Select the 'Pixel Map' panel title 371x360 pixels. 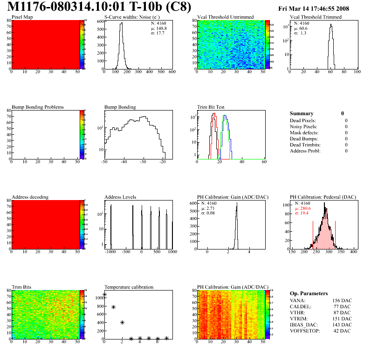(x=22, y=17)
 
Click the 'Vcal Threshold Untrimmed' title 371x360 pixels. (x=226, y=17)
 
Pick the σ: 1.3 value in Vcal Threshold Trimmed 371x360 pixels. (x=300, y=33)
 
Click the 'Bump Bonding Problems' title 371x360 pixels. (x=37, y=107)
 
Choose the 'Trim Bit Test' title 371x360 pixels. (x=211, y=107)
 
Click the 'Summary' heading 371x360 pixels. (x=302, y=113)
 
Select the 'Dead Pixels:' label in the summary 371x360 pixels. (x=304, y=120)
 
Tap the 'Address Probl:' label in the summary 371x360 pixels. (x=305, y=151)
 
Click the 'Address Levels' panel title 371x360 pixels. (x=120, y=197)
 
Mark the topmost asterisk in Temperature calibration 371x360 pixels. (x=105, y=295)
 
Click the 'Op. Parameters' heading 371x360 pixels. (x=309, y=293)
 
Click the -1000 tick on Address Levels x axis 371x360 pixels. (x=110, y=252)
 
